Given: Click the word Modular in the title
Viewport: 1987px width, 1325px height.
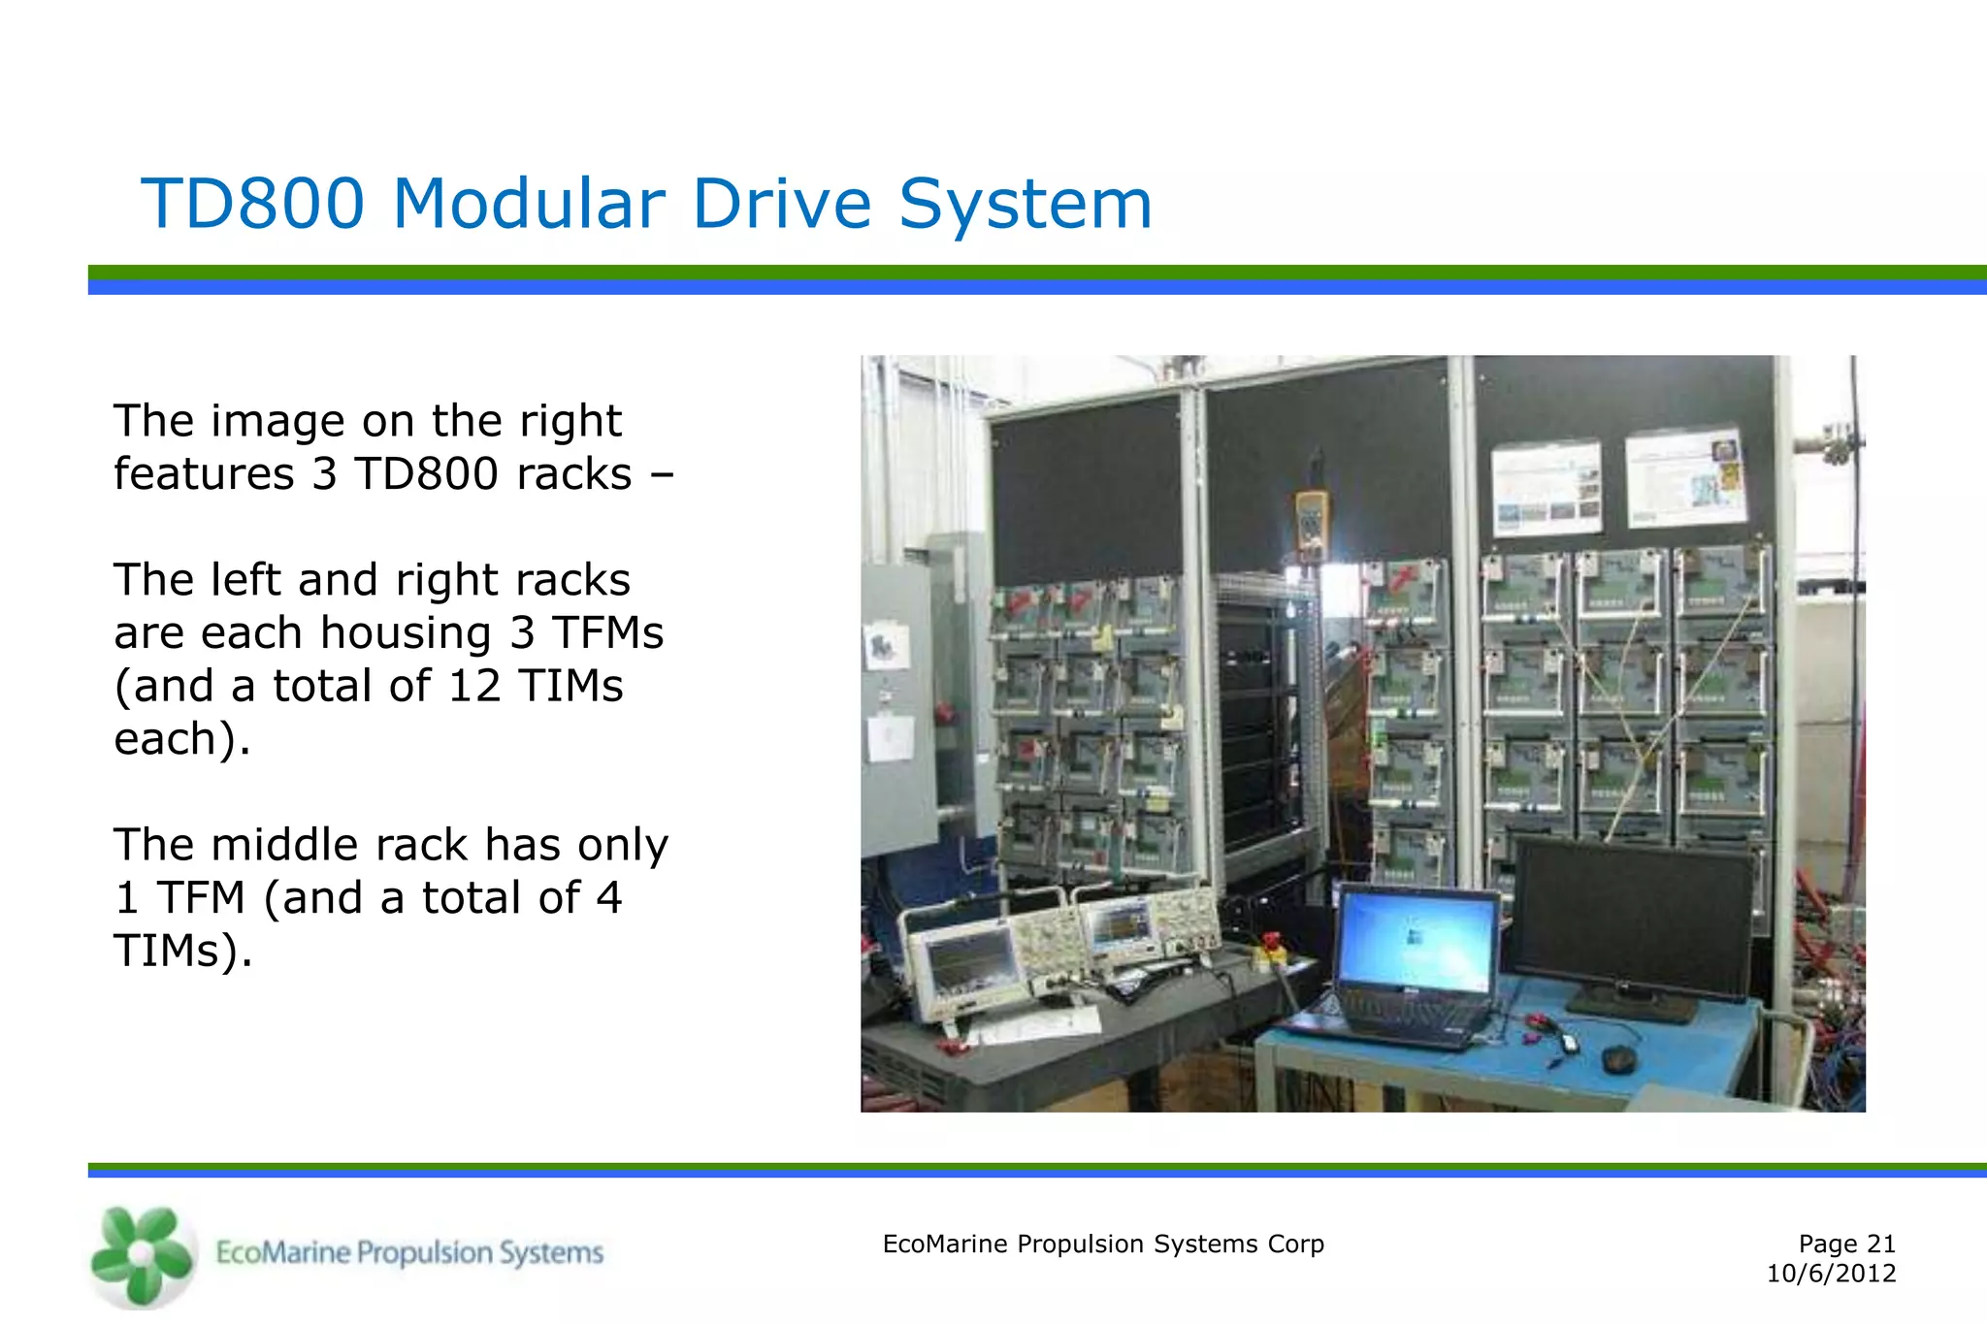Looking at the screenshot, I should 528,204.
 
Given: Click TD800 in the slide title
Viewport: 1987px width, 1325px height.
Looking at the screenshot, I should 253,204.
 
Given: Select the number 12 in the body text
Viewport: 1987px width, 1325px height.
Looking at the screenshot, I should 474,686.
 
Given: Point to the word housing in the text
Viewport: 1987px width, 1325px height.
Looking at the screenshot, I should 405,633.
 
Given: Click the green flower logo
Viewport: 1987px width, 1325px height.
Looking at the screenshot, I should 142,1255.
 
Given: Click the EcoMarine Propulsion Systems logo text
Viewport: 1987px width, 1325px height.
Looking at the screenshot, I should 408,1252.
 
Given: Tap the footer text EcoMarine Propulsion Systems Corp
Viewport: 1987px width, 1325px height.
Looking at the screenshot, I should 1102,1244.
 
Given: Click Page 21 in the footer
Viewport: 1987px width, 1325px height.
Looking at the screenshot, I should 1845,1244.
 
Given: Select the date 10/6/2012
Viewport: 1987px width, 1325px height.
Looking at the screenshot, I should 1830,1274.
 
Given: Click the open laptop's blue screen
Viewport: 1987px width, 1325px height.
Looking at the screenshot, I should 1416,940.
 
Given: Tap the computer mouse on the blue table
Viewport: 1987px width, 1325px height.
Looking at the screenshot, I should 1618,1058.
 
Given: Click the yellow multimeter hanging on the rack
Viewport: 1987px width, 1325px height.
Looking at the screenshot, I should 1312,524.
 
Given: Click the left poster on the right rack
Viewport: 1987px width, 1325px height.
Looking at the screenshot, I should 1547,488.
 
